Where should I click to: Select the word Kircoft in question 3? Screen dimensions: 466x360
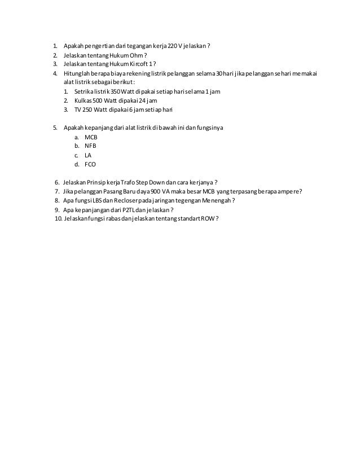139,64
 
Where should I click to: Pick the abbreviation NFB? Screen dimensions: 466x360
90,146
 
